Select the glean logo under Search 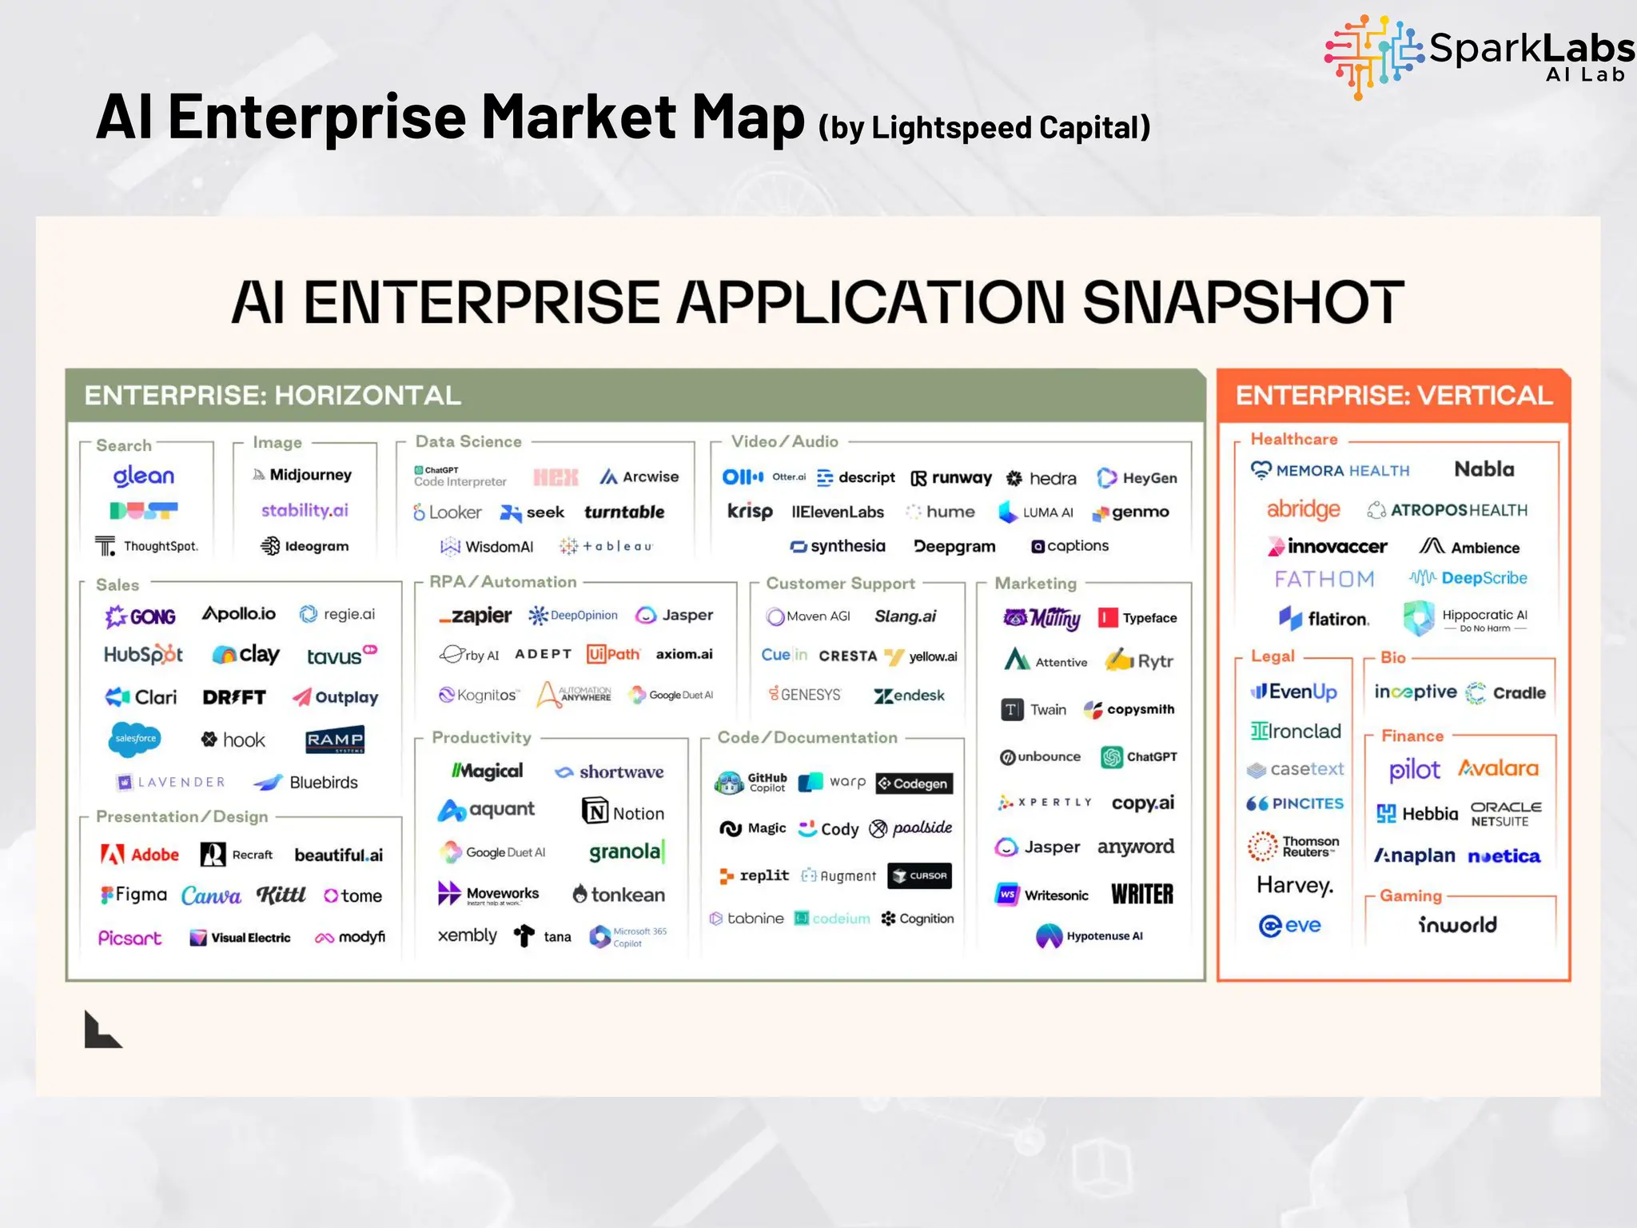(144, 476)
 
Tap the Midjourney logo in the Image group (303, 475)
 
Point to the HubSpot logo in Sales (143, 655)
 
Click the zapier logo (476, 616)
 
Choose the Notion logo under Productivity (623, 812)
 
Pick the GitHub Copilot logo (751, 782)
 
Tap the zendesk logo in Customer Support (910, 696)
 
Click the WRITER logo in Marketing (1142, 894)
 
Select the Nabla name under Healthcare (1484, 469)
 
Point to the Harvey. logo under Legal (1295, 885)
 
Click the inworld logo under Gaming (1457, 925)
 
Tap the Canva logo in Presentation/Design (211, 895)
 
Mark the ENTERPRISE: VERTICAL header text (1394, 396)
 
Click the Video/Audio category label (785, 441)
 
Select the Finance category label (1412, 736)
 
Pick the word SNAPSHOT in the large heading (1243, 302)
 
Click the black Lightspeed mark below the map (102, 1030)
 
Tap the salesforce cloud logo (134, 739)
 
